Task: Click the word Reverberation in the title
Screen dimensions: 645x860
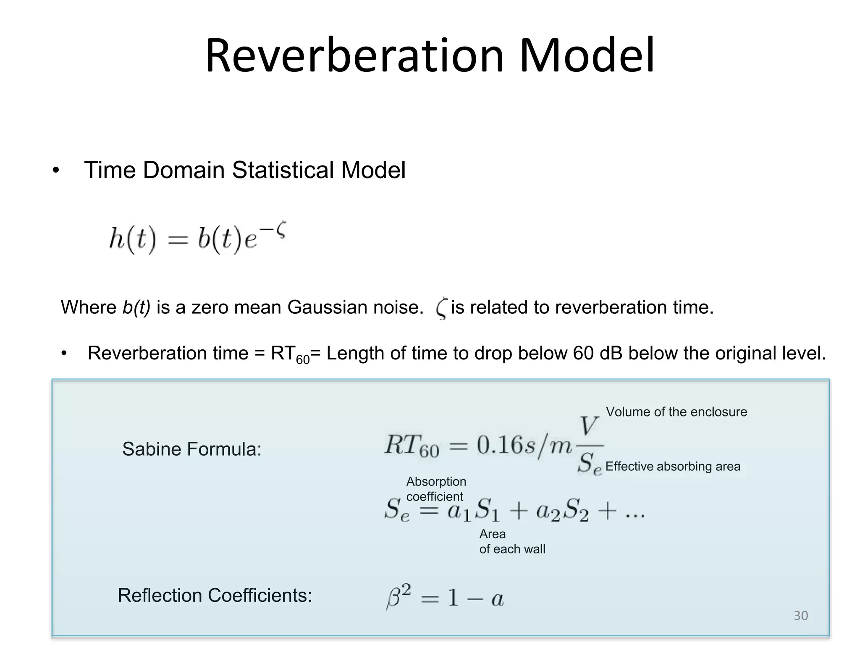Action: click(354, 56)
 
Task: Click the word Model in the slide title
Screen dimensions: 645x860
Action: click(587, 56)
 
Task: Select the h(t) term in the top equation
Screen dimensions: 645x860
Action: click(132, 240)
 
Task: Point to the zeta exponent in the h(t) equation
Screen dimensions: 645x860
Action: click(281, 231)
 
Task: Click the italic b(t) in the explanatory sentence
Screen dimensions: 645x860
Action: click(136, 307)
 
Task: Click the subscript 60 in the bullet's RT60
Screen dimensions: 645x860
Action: click(303, 359)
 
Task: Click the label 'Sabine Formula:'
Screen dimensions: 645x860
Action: click(192, 449)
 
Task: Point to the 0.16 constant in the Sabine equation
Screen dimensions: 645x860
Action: click(500, 445)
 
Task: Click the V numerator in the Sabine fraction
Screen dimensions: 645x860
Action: click(589, 426)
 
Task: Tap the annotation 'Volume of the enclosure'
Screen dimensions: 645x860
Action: click(676, 412)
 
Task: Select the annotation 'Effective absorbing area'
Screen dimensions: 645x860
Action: click(673, 467)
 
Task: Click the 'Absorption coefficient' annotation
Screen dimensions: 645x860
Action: click(436, 489)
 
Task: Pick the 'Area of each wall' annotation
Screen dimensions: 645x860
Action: click(512, 542)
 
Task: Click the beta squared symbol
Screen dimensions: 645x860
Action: click(398, 596)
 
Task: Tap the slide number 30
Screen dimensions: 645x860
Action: click(801, 616)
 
